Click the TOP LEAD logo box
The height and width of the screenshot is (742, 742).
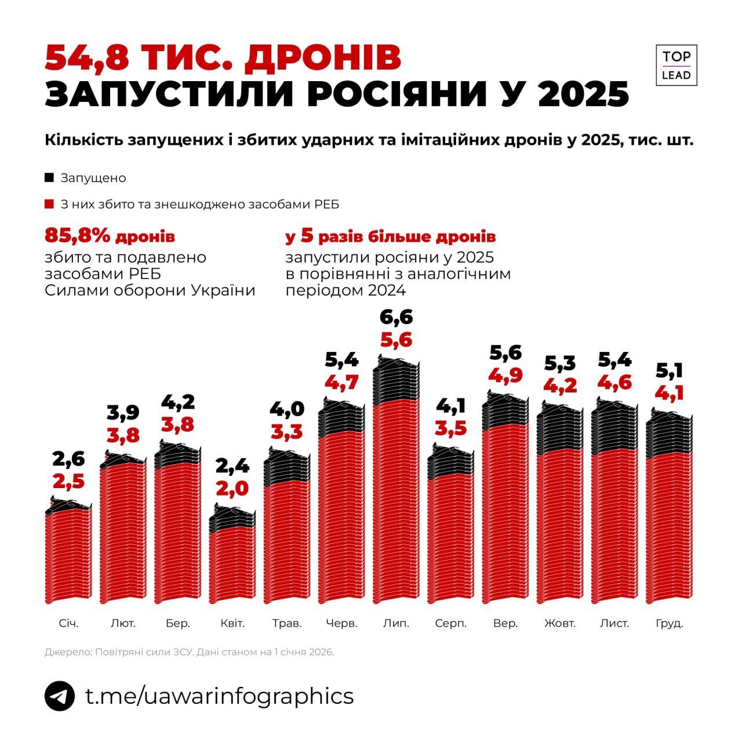click(676, 65)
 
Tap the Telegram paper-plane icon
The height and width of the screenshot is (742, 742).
click(60, 696)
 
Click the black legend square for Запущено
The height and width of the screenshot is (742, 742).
click(49, 177)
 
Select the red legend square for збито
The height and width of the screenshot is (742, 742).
click(49, 205)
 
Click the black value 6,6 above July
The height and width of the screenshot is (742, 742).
click(397, 318)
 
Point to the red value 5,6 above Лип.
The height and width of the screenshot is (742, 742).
click(397, 340)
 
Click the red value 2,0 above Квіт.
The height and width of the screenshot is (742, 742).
click(232, 488)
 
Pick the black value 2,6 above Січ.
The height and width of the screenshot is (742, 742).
click(68, 459)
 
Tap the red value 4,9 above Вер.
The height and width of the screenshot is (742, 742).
click(506, 375)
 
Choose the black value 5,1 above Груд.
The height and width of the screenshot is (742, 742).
click(670, 370)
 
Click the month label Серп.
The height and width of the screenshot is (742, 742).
click(450, 624)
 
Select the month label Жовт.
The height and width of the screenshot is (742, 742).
click(560, 624)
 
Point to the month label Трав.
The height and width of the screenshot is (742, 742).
click(287, 624)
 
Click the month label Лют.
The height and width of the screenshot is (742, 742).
click(123, 624)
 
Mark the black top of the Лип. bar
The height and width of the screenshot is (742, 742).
click(397, 380)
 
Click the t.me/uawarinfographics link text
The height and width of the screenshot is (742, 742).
click(220, 696)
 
